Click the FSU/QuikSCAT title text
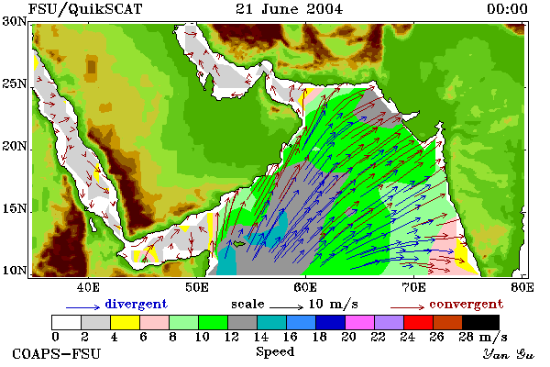(85, 9)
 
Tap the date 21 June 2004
(289, 9)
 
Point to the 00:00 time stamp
(507, 9)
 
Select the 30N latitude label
(15, 21)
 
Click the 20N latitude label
(15, 146)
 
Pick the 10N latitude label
(15, 271)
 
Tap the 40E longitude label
(88, 287)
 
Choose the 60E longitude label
(305, 287)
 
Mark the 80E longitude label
(522, 287)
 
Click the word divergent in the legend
(136, 304)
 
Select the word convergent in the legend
(467, 304)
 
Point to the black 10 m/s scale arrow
(286, 307)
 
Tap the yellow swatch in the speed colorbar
(125, 322)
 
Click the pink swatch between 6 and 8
(154, 322)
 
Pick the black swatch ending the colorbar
(480, 322)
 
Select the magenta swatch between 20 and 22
(360, 322)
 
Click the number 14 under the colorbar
(260, 337)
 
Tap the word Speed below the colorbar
(275, 352)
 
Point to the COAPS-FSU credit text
(57, 353)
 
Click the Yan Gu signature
(509, 354)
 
